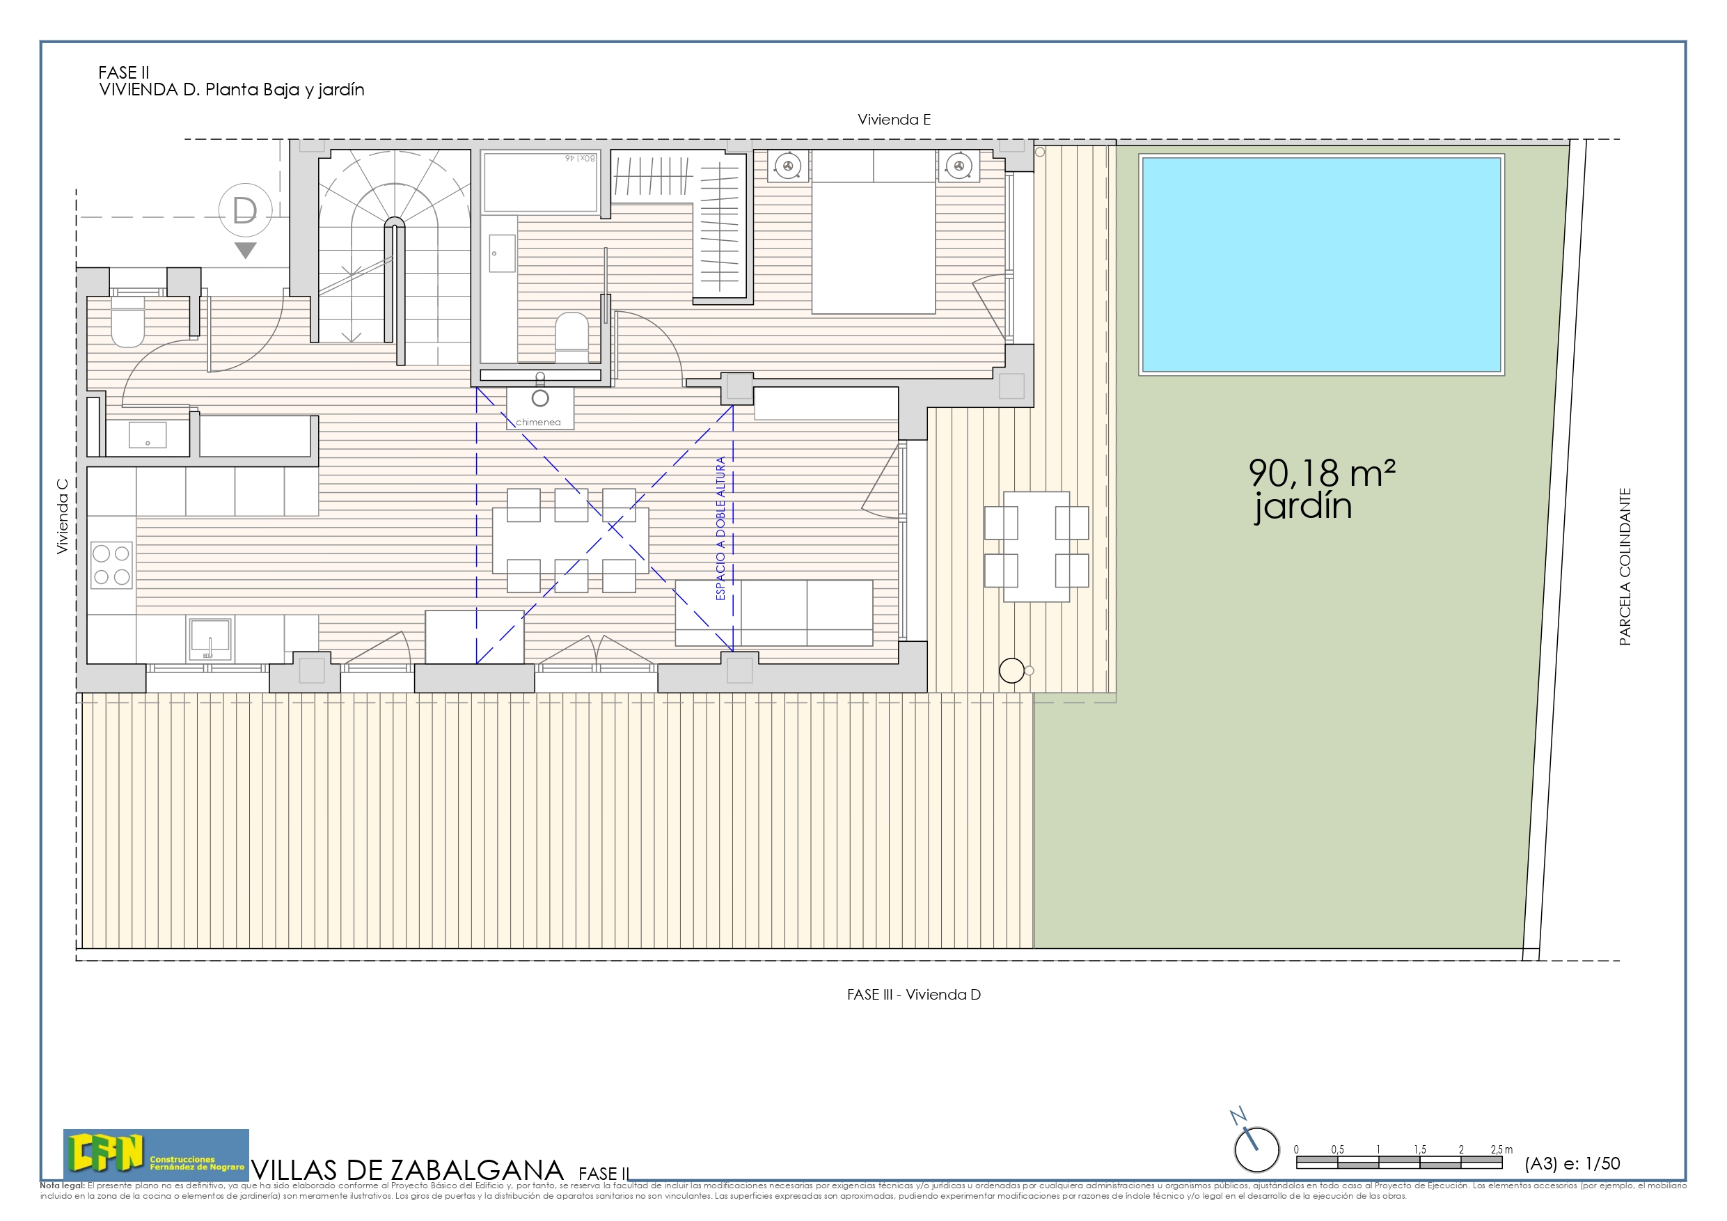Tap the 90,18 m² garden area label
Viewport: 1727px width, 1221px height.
pyautogui.click(x=1322, y=474)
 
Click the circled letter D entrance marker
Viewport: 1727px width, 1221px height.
pyautogui.click(x=245, y=211)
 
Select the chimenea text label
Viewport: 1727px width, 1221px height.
pyautogui.click(x=538, y=422)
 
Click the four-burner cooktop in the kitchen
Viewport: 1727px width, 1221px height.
pyautogui.click(x=111, y=565)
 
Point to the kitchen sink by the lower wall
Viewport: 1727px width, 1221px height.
pyautogui.click(x=210, y=638)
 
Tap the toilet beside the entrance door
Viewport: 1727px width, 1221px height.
pyautogui.click(x=128, y=324)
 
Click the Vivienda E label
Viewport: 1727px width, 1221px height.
pyautogui.click(x=894, y=120)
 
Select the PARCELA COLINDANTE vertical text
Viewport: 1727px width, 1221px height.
pyautogui.click(x=1625, y=567)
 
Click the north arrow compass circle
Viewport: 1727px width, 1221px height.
pyautogui.click(x=1256, y=1149)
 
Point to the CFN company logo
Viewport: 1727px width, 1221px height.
pyautogui.click(x=156, y=1154)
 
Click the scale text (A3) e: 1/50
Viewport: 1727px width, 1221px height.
pyautogui.click(x=1572, y=1163)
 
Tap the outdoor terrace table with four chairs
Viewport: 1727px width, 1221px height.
pyautogui.click(x=1036, y=546)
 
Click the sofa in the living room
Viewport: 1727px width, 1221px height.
pyautogui.click(x=774, y=613)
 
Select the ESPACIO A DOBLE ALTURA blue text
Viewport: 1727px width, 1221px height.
pyautogui.click(x=720, y=528)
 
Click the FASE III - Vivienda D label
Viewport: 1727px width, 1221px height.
pyautogui.click(x=913, y=995)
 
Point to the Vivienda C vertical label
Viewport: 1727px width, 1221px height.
pyautogui.click(x=63, y=517)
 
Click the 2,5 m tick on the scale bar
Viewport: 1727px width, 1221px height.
pyautogui.click(x=1501, y=1149)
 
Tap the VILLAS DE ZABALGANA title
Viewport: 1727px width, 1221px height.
pyautogui.click(x=407, y=1170)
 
